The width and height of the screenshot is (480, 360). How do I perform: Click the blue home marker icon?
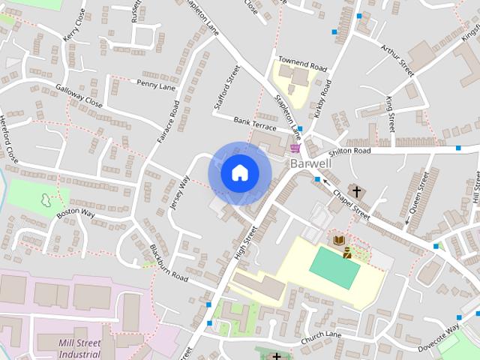point(239,173)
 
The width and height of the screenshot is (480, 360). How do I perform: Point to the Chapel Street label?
point(352,204)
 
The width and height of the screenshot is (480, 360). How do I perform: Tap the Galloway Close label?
point(78,97)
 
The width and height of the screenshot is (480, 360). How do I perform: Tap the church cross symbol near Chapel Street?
point(357,191)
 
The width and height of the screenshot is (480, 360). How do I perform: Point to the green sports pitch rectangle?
point(334,266)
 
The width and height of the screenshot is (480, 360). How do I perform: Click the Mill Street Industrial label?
point(79,348)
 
